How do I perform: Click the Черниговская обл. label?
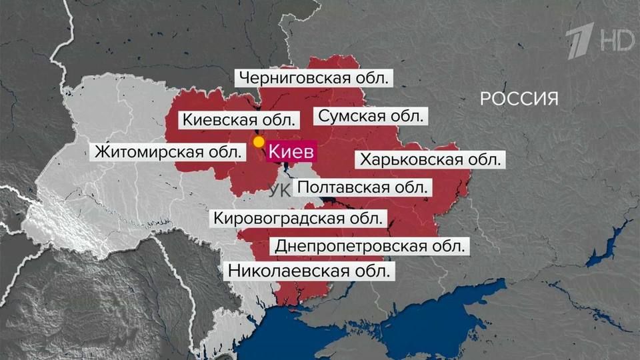[313, 78]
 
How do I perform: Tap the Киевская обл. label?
[239, 120]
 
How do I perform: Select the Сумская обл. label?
[371, 116]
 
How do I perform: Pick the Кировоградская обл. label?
[298, 218]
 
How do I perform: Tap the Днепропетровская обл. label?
[371, 245]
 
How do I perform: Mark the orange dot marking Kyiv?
[259, 142]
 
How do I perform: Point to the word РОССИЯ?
[519, 99]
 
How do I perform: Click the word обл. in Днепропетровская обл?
[447, 245]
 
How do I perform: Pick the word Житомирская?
[149, 151]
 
